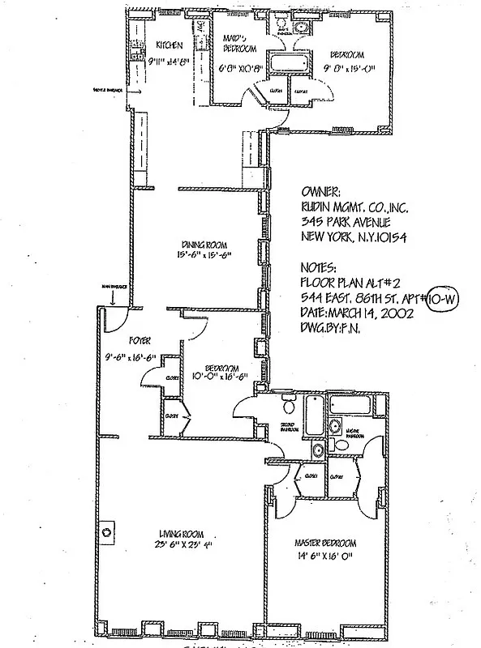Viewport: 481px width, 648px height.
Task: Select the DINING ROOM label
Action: tap(203, 245)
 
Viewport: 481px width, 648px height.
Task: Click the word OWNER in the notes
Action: tap(320, 193)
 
